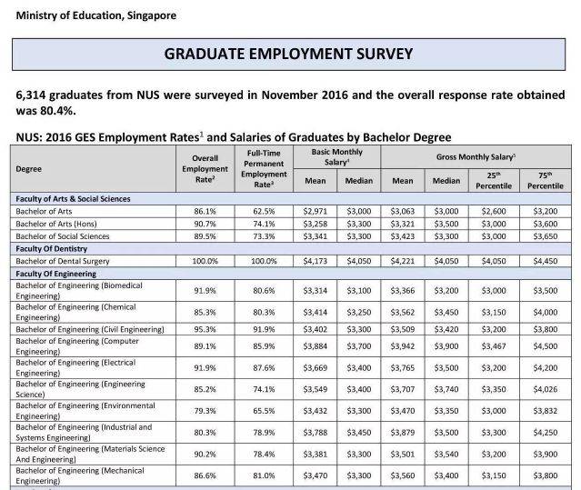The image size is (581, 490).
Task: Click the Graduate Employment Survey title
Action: point(290,54)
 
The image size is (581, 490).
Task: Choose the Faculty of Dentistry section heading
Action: point(57,248)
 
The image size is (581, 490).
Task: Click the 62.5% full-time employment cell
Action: point(263,210)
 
